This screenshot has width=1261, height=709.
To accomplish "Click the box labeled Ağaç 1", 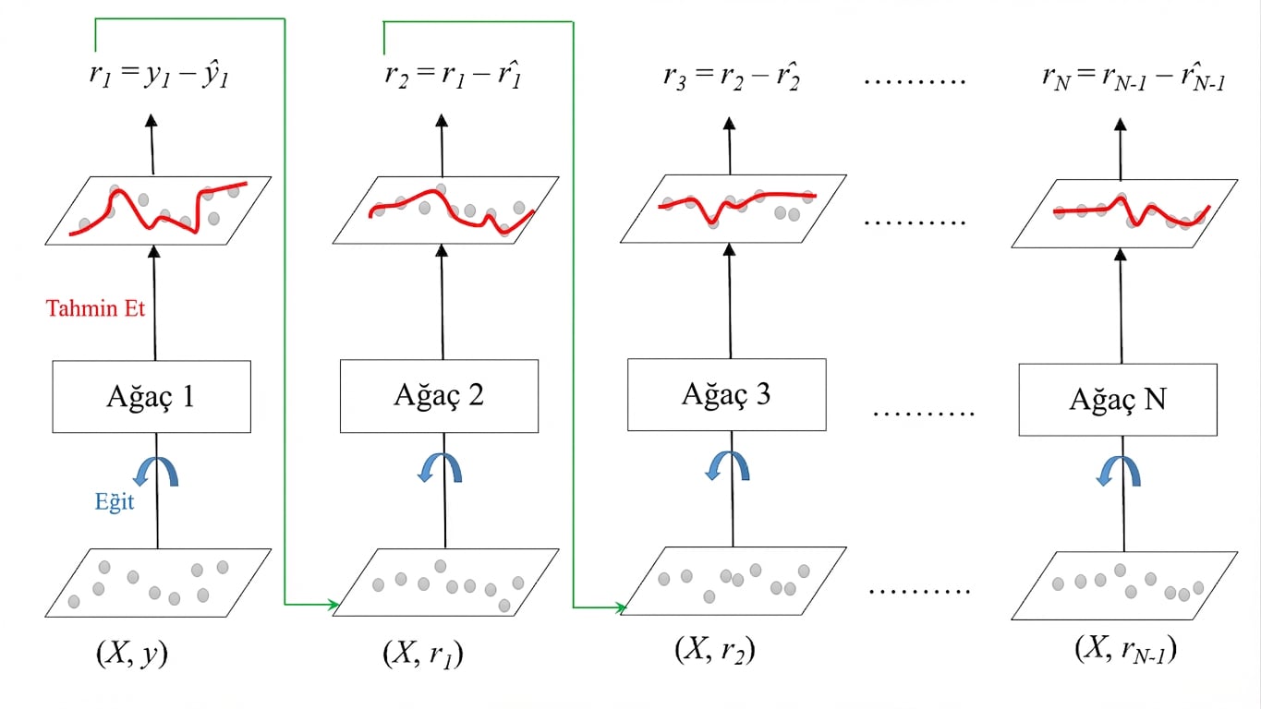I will pyautogui.click(x=152, y=397).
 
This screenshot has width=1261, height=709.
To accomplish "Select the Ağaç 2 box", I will pyautogui.click(x=439, y=396).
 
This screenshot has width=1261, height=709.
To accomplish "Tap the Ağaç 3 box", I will pyautogui.click(x=726, y=394).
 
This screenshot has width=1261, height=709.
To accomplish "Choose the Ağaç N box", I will pyautogui.click(x=1117, y=400).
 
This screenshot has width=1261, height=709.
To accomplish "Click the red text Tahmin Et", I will pyautogui.click(x=97, y=308).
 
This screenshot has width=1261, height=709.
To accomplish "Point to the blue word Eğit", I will pyautogui.click(x=114, y=502).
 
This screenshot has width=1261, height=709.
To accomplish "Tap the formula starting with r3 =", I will pyautogui.click(x=731, y=77).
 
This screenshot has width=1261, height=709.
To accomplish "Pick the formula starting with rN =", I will pyautogui.click(x=1134, y=78).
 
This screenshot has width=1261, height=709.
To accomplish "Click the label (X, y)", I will pyautogui.click(x=132, y=654).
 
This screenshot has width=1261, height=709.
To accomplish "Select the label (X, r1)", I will pyautogui.click(x=422, y=654).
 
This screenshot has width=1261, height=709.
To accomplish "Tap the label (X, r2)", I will pyautogui.click(x=715, y=650).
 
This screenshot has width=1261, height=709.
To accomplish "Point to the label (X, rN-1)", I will pyautogui.click(x=1125, y=650).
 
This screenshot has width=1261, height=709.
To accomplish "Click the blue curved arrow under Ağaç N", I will pyautogui.click(x=1119, y=470).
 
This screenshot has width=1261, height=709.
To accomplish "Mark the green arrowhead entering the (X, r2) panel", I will pyautogui.click(x=621, y=607).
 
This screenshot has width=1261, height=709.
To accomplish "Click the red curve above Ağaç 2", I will pyautogui.click(x=431, y=195).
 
